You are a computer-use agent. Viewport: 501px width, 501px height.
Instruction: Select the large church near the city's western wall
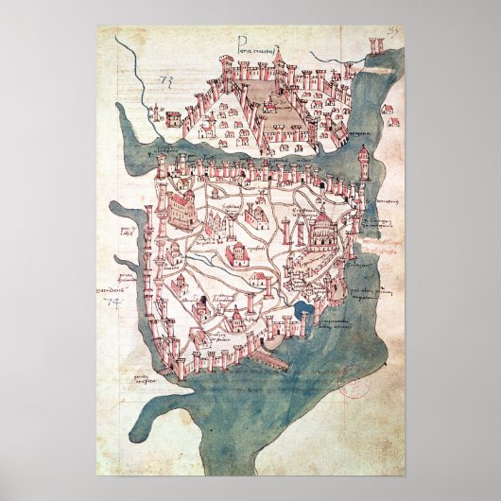click(182, 207)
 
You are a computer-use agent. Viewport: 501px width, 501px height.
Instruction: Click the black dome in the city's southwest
click(201, 302)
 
